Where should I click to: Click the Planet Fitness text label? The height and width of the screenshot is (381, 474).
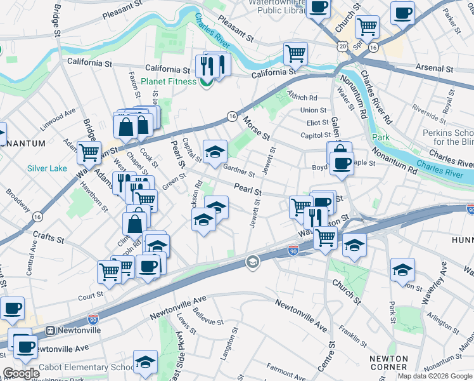(169, 81)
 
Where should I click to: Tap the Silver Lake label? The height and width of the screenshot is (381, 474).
(46, 168)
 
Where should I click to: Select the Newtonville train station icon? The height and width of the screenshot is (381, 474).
(49, 330)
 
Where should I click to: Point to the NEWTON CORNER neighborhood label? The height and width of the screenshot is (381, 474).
(388, 363)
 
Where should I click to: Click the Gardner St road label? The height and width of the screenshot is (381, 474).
(239, 170)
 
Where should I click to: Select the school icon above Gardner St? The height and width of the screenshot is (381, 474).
(215, 152)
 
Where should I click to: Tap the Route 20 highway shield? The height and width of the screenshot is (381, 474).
(343, 46)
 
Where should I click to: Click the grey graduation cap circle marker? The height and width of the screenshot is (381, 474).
(252, 262)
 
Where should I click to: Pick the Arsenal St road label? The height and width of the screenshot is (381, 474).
(434, 68)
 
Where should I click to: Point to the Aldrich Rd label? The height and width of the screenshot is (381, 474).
(302, 98)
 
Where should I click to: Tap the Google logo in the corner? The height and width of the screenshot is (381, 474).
(22, 373)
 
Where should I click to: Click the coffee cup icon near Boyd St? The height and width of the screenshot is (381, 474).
(342, 164)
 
